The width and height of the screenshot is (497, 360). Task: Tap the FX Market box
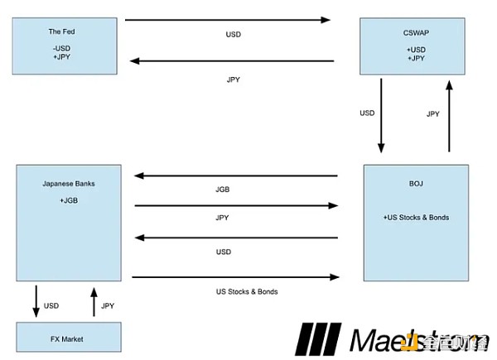tap(68, 338)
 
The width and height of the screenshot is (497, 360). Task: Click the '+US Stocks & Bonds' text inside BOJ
tap(416, 218)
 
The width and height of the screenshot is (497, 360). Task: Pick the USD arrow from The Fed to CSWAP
tap(228, 19)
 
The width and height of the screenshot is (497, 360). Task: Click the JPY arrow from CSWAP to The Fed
tap(232, 60)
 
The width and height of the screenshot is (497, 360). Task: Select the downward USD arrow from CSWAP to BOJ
tap(381, 116)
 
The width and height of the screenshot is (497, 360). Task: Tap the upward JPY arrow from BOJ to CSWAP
tap(449, 116)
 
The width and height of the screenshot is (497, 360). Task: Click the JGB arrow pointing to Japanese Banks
tap(236, 175)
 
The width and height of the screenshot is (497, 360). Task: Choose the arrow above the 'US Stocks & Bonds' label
tap(236, 277)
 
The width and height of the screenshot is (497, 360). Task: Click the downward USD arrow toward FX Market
tap(36, 300)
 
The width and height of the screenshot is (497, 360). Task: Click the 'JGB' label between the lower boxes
tap(222, 190)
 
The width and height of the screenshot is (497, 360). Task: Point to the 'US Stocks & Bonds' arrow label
tap(246, 292)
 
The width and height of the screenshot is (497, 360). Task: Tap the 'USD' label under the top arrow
tap(234, 36)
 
